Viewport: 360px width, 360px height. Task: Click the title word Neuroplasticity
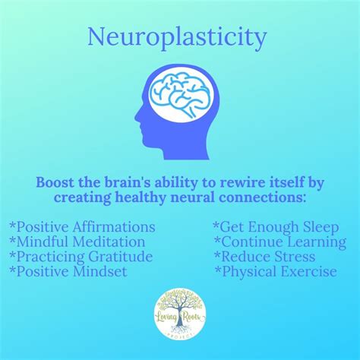coord(177,38)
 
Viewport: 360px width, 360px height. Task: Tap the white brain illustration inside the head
coord(182,96)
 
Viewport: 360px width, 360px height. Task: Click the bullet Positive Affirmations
coord(82,227)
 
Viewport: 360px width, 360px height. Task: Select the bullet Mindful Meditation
coord(77,242)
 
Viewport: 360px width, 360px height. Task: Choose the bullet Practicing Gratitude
coord(81,257)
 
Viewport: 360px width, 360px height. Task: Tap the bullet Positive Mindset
coord(68,271)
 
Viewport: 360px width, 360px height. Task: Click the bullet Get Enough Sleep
coord(276,227)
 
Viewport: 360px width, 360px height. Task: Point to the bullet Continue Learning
coord(280,242)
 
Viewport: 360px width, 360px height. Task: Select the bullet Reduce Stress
coord(265,257)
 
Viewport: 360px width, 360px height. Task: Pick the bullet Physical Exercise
coord(276,272)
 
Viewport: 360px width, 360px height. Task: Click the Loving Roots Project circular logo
coord(180,314)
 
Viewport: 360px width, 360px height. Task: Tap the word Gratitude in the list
coord(121,257)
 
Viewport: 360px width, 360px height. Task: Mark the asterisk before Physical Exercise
coord(218,269)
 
